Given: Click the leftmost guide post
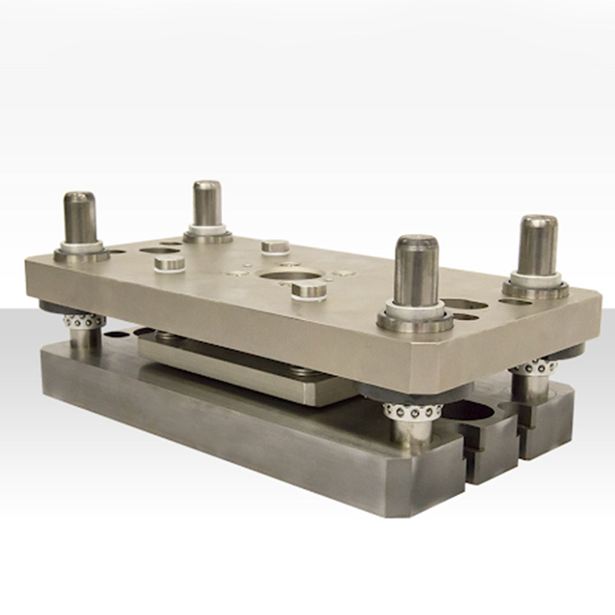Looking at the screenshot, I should click(x=80, y=219).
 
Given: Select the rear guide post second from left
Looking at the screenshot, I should click(x=207, y=205).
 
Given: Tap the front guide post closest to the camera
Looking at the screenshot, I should click(x=416, y=273).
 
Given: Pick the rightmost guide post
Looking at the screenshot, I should click(x=537, y=248).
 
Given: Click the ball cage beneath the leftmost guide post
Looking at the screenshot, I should click(x=82, y=320).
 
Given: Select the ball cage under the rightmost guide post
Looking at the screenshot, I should click(x=530, y=367).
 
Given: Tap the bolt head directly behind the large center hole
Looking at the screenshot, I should click(x=275, y=247).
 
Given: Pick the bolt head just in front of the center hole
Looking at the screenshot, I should click(x=310, y=289).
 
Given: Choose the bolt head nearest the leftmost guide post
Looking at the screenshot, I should click(x=170, y=264).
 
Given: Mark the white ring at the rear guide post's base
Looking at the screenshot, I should click(x=208, y=229).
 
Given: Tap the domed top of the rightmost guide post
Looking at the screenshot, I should click(x=537, y=222).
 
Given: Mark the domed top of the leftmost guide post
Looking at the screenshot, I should click(x=79, y=197).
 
